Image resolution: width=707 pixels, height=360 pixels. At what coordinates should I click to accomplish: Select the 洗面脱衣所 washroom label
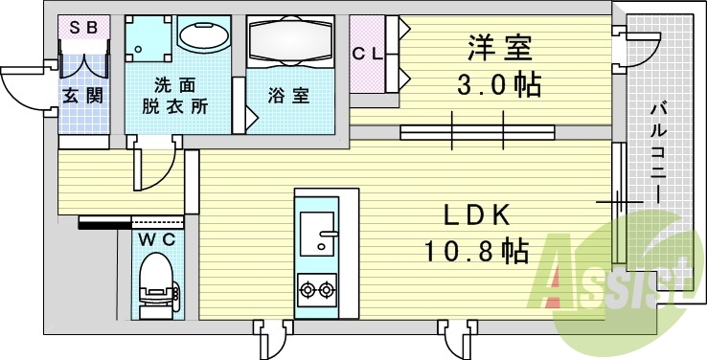[179, 95]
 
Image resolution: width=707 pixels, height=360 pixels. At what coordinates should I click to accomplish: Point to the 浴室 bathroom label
[288, 96]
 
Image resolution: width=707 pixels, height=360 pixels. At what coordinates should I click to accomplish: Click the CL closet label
[367, 54]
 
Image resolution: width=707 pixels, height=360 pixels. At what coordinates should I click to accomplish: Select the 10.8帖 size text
[476, 252]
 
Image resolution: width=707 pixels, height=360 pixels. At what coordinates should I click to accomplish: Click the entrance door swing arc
[21, 91]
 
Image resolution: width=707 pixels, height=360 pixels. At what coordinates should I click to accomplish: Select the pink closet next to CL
[367, 55]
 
